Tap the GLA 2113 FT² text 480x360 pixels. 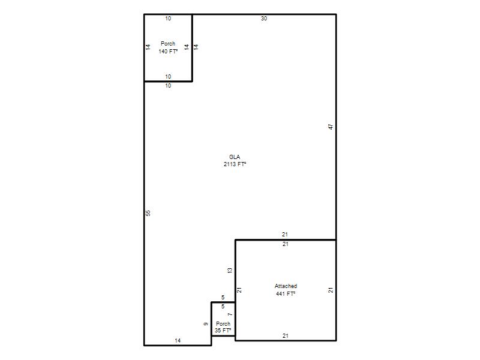coord(235,160)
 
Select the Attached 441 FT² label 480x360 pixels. coord(286,290)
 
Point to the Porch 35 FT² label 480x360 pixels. coord(223,327)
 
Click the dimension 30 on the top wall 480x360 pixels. coord(264,19)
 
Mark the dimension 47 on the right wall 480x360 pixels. coord(331,127)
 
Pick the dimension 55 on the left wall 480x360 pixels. coord(148,213)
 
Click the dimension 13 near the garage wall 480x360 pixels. coord(230,271)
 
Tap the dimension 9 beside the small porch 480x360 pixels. coord(206,324)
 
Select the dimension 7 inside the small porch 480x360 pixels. coord(230,314)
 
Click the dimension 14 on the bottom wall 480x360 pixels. coord(178,340)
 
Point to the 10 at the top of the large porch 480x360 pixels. coord(168,19)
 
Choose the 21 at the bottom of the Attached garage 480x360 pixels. coord(286,336)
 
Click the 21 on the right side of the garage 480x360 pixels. coord(331,290)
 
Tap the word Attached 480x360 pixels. coord(286,286)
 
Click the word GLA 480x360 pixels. coord(235,157)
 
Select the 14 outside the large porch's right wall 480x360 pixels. coord(196,47)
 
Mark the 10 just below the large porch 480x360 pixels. coord(168,86)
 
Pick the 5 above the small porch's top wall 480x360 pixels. coord(223,297)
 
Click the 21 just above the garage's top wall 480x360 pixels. coord(285,235)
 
